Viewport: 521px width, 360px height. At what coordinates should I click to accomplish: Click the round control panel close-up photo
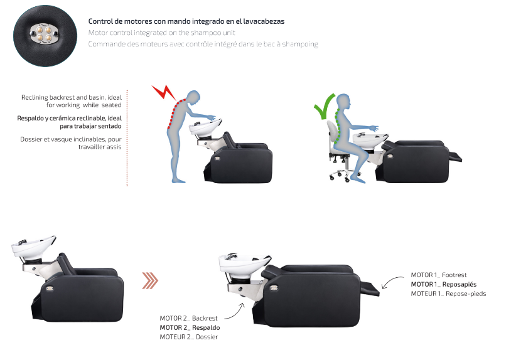[45, 36]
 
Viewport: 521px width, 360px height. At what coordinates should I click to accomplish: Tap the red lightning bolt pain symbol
[164, 93]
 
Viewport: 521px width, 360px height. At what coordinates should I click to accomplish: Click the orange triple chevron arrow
[150, 280]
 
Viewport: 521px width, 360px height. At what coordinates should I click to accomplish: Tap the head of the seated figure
[344, 101]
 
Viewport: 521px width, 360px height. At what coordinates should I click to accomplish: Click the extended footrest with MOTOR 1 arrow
[370, 289]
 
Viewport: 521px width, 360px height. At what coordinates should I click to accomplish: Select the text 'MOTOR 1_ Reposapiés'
[444, 284]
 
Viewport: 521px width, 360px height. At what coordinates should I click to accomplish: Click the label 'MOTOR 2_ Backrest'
[188, 318]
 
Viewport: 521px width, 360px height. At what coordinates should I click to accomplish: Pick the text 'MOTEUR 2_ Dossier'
[189, 337]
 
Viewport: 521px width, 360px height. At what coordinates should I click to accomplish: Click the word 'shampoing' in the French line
[300, 44]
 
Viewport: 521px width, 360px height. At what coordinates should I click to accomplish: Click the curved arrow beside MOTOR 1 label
[392, 281]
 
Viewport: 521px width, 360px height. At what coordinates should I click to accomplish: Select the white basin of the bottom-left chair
[33, 246]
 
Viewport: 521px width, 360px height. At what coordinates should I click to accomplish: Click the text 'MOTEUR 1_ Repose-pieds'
[448, 294]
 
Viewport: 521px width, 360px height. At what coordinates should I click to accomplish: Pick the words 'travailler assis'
[100, 147]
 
